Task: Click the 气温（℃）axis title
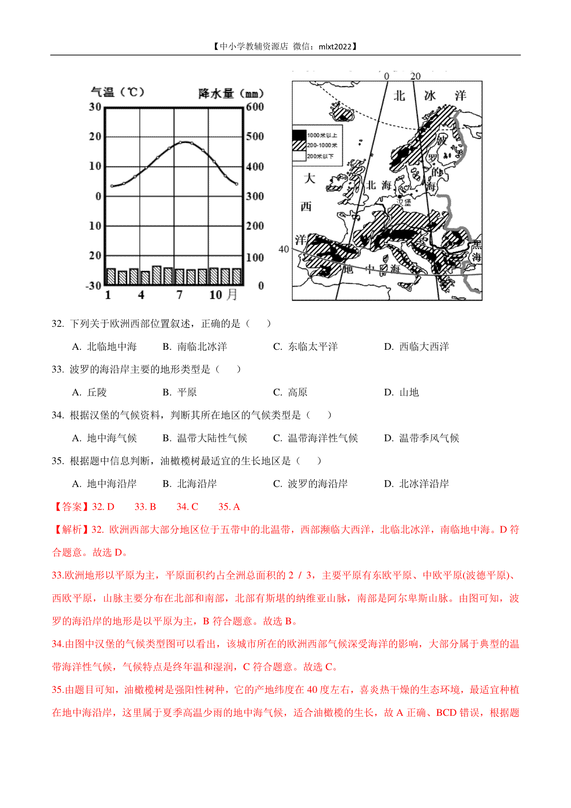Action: click(117, 92)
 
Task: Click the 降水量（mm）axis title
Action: click(231, 93)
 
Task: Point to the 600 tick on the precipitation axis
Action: click(255, 107)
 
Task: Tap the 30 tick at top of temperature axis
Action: click(95, 107)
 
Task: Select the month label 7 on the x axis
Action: click(179, 295)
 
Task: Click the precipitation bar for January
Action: click(111, 276)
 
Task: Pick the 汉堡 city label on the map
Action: click(404, 202)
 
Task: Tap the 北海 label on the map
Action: click(379, 185)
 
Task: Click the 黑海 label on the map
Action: click(476, 251)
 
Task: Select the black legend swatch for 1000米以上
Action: click(299, 135)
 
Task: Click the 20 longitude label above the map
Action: click(415, 76)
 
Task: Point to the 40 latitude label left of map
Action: click(284, 249)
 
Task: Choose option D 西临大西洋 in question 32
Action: click(416, 347)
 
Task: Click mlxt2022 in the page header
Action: click(335, 47)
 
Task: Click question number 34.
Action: click(58, 415)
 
